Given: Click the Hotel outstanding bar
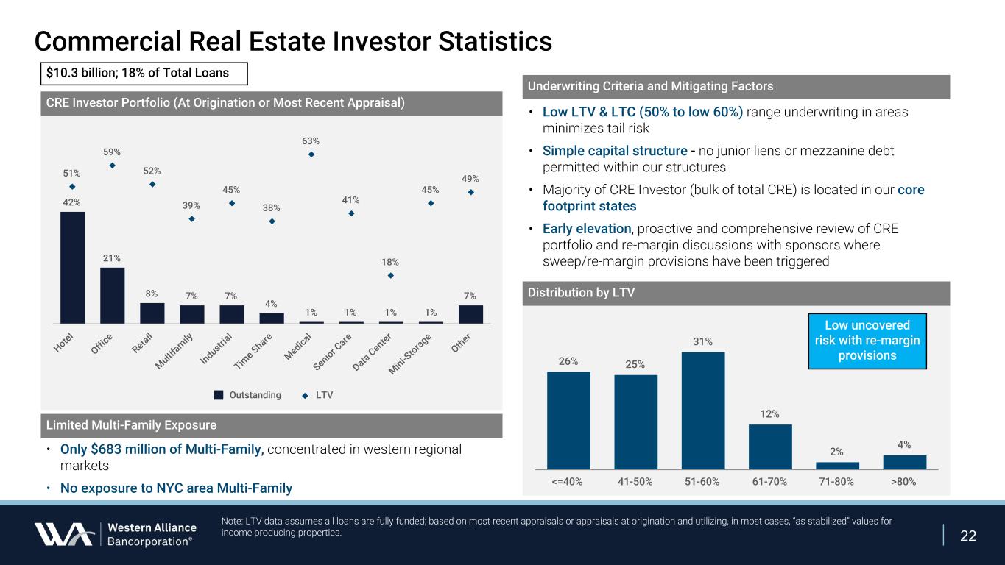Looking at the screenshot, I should point(72,267).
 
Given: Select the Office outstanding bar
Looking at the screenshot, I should point(112,295).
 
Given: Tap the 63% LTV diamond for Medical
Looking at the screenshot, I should point(311,154).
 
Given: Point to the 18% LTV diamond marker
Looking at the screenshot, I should point(391,276).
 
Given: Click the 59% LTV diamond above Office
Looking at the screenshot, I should point(112,166).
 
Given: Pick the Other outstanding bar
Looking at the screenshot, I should point(470,314).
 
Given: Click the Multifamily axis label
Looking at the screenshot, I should point(174,351).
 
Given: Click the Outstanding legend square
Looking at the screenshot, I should point(218,395).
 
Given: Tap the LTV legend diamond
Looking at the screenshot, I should point(306,395).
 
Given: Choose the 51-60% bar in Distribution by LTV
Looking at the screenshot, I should point(703,410).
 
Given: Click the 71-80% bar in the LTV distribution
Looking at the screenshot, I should point(837,465).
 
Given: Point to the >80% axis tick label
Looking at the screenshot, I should point(905,482).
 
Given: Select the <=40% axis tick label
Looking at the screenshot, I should point(568,482).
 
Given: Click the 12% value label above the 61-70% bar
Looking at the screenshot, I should point(770,414).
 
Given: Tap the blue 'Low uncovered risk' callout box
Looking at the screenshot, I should point(867,341).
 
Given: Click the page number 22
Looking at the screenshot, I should point(968,536).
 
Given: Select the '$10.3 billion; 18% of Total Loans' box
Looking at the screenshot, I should point(143,74).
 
